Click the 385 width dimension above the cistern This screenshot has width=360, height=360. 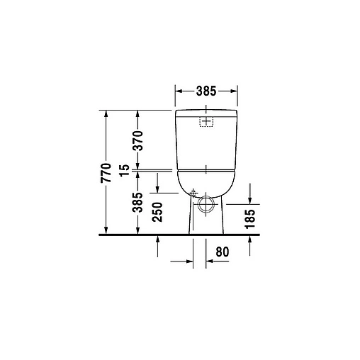tap(206, 92)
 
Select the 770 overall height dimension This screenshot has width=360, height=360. tap(106, 172)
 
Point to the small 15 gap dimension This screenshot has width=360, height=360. tap(124, 170)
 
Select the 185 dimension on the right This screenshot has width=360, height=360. tap(250, 216)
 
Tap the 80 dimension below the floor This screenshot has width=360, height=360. tap(223, 250)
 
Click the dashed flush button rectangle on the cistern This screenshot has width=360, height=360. tap(206, 122)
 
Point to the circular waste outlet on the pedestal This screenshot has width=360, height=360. tap(206, 206)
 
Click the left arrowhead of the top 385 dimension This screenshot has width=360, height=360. tap(177, 92)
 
